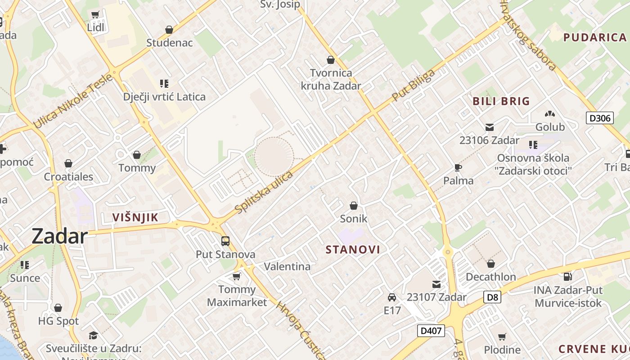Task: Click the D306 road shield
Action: tap(600, 118)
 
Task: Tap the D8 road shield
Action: tap(493, 297)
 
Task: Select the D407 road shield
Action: tap(431, 331)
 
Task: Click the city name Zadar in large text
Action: tap(59, 236)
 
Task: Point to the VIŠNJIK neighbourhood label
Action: tap(135, 218)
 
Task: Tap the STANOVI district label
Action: tap(353, 250)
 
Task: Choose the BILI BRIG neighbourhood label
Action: tap(501, 101)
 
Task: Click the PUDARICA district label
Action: tap(595, 37)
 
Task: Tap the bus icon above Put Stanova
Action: tap(225, 241)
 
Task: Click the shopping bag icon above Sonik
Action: tap(354, 206)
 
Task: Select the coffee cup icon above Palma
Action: tap(458, 168)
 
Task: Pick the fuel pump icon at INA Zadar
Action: tap(567, 277)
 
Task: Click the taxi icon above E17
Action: tap(392, 297)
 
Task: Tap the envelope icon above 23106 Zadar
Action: tap(490, 127)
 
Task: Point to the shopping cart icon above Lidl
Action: tap(95, 15)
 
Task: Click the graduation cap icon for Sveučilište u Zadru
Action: tap(93, 335)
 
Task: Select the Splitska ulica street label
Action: tap(264, 192)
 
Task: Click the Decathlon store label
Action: tap(490, 277)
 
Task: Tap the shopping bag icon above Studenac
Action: tap(169, 30)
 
